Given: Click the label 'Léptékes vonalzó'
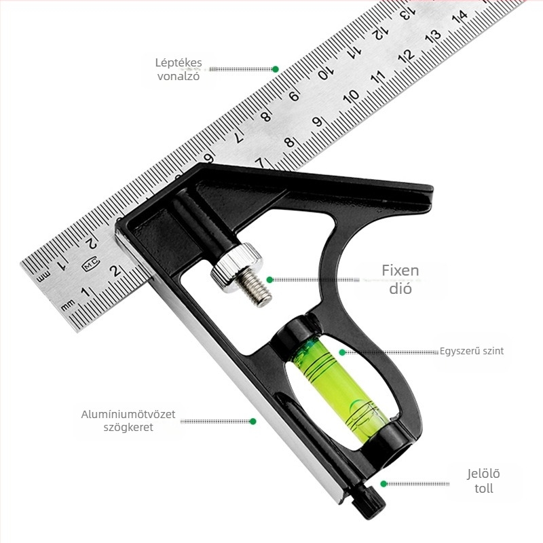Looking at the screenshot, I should (179, 69).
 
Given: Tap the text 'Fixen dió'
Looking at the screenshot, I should (400, 280).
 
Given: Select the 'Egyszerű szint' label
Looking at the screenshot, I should (472, 352).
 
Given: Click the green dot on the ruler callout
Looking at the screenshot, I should (276, 69).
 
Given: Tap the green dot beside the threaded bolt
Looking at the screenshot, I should (269, 280).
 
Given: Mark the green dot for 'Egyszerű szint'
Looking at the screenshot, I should (343, 352).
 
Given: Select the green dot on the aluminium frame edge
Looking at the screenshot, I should (252, 422).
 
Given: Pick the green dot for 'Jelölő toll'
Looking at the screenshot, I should (383, 484).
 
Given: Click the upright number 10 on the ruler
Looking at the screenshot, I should (351, 97).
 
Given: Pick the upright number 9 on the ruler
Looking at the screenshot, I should (316, 122).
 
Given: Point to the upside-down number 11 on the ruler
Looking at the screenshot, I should (353, 51).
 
